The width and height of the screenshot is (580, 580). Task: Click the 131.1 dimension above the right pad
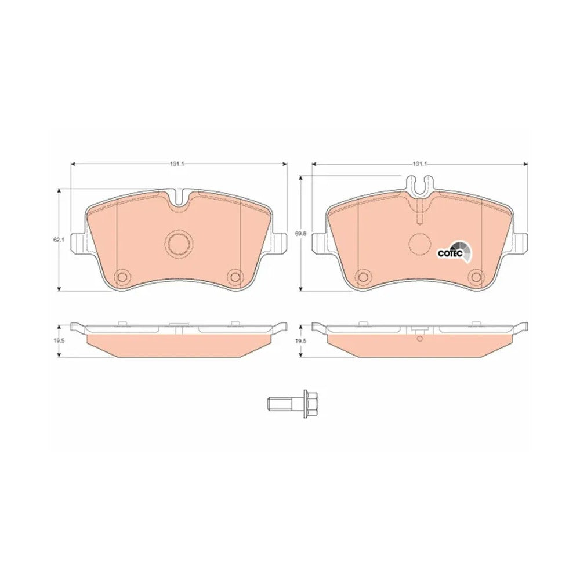pos(420,164)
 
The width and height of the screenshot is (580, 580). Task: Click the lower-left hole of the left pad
pos(122,276)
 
